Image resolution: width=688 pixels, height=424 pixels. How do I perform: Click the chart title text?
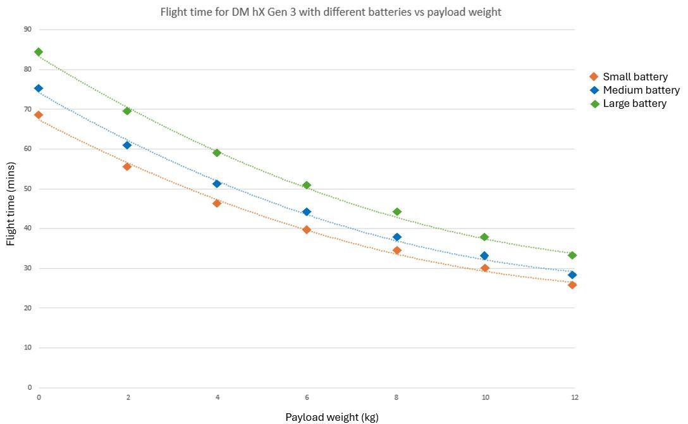[331, 12]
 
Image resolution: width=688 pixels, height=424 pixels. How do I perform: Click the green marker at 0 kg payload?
[39, 52]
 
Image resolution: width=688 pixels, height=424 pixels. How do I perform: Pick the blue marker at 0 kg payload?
[39, 89]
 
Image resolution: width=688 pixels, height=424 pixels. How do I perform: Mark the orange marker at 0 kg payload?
[39, 115]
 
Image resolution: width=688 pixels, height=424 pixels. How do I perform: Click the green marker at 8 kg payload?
[397, 212]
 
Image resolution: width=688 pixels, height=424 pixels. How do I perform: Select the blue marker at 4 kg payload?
[217, 184]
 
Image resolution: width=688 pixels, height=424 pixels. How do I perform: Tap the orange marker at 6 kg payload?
[307, 230]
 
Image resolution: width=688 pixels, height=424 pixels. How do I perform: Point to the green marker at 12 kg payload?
[572, 255]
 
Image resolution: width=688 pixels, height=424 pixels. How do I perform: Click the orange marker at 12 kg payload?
[572, 285]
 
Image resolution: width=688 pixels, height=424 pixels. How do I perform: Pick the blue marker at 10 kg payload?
[484, 256]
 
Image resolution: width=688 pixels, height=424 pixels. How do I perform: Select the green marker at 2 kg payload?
[127, 111]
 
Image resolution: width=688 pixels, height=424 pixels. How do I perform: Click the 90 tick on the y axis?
[27, 29]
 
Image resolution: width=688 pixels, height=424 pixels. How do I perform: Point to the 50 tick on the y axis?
[27, 189]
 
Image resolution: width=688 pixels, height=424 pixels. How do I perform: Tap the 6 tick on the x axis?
[307, 397]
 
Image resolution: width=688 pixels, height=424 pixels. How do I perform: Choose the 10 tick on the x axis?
[485, 397]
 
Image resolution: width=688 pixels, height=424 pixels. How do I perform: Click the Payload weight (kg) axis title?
[332, 417]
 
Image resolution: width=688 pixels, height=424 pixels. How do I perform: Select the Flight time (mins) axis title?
[11, 207]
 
